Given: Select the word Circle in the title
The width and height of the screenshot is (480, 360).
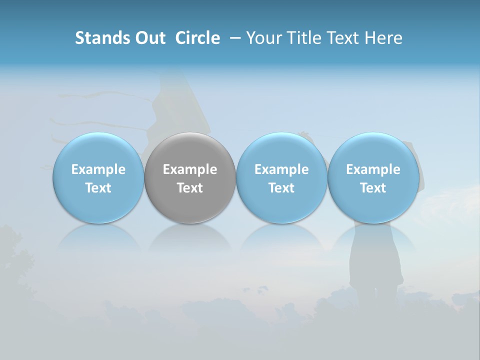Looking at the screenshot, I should tap(197, 38).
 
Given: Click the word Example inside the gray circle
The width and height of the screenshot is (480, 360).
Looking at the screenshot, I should tap(190, 169).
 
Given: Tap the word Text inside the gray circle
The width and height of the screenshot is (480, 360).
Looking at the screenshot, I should tap(190, 188).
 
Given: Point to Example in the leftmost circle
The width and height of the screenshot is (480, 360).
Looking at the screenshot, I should tap(98, 169).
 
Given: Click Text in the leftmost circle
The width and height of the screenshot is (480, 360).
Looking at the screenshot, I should tap(98, 188).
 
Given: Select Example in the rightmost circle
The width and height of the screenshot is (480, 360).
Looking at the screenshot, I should tap(373, 169).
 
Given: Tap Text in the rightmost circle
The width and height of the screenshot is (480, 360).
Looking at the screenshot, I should tap(373, 188).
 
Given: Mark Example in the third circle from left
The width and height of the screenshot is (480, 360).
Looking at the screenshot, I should tap(281, 169).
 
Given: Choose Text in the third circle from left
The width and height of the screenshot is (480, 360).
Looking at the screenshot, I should tap(281, 188).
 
